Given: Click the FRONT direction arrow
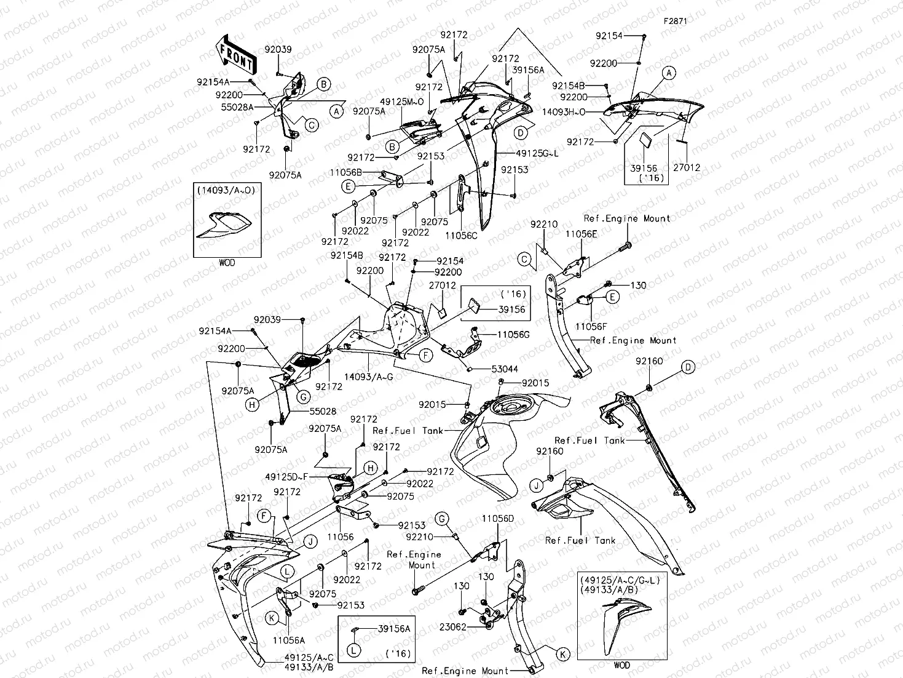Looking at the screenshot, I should [x=235, y=54].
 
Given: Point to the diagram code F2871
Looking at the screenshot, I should [x=675, y=21].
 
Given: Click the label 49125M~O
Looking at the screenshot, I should [x=401, y=102].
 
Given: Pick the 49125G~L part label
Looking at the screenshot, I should [x=537, y=153].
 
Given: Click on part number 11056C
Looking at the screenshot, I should [x=461, y=234].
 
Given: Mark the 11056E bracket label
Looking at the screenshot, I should [x=581, y=234].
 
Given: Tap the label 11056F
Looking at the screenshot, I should [x=591, y=326].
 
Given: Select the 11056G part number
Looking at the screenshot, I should [x=513, y=334].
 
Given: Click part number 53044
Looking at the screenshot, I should [x=504, y=369].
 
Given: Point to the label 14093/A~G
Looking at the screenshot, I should [x=368, y=377].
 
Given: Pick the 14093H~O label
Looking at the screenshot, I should [x=564, y=112].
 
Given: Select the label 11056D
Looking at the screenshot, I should [x=498, y=519].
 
